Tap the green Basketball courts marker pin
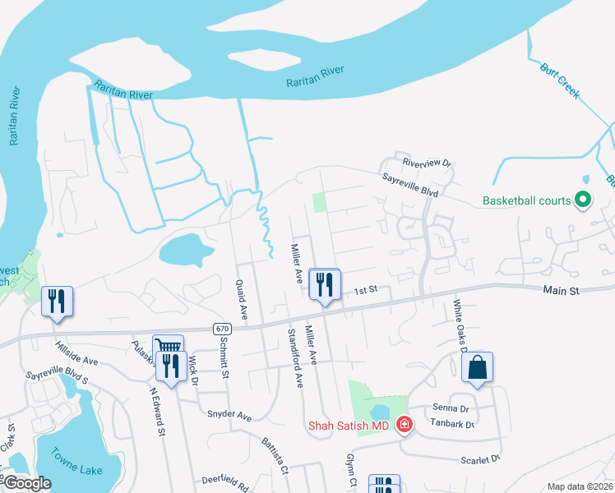(x=583, y=200)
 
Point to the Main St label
(x=562, y=291)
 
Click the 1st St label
(x=365, y=290)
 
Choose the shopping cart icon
(x=168, y=347)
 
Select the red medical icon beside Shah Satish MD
(x=404, y=425)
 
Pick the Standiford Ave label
(x=295, y=358)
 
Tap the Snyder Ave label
(x=229, y=416)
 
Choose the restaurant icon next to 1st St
(x=324, y=284)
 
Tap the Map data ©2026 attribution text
(x=580, y=486)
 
